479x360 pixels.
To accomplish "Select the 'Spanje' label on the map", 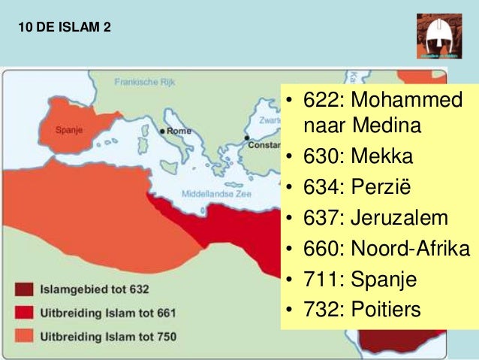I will tap(70, 129).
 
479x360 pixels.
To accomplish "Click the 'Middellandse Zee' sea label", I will tap(217, 193).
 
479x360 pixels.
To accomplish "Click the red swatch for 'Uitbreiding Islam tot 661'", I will tap(26, 312).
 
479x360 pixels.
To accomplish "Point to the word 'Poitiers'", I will tap(387, 309).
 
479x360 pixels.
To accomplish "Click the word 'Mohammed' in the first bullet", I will tap(407, 100).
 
